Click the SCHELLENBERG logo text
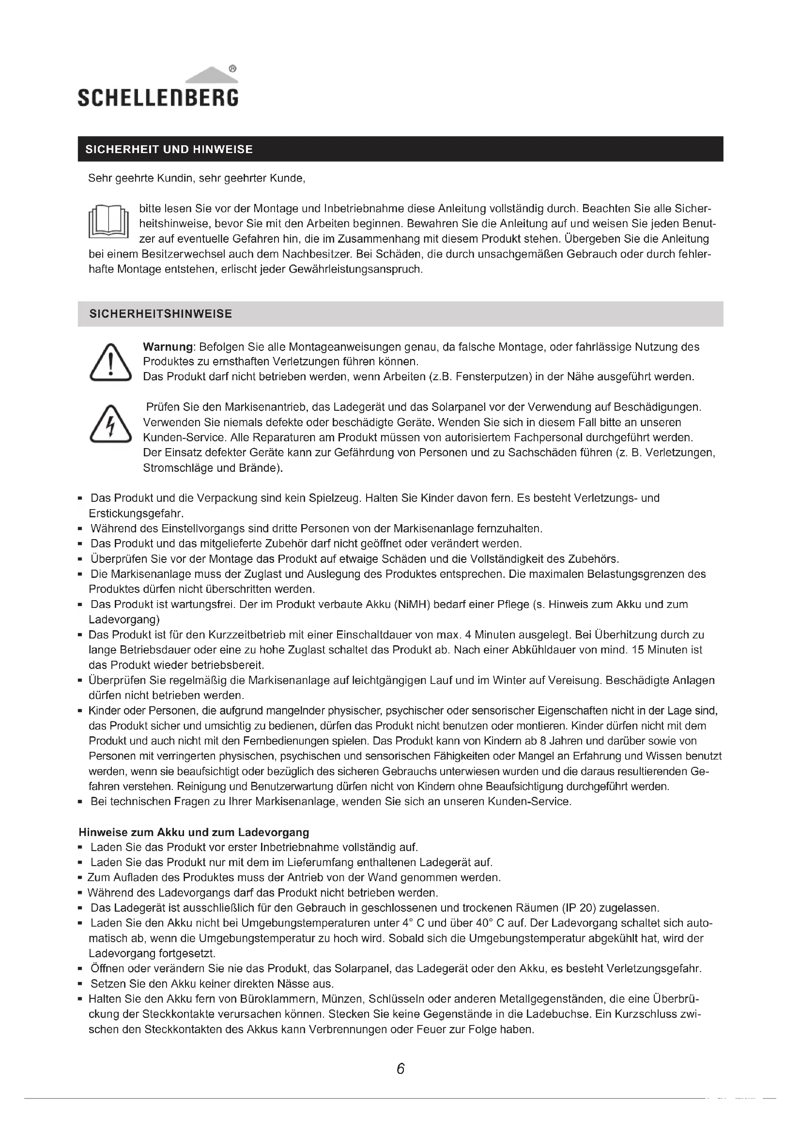158,97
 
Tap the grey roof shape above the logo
212,76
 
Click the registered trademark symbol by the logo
233,69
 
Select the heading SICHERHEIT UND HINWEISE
169,150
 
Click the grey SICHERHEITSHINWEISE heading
160,314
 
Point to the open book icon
108,222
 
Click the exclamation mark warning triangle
110,363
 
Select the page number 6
400,1069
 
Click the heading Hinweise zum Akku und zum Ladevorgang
194,833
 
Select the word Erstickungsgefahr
136,513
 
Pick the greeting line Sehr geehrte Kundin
197,179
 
